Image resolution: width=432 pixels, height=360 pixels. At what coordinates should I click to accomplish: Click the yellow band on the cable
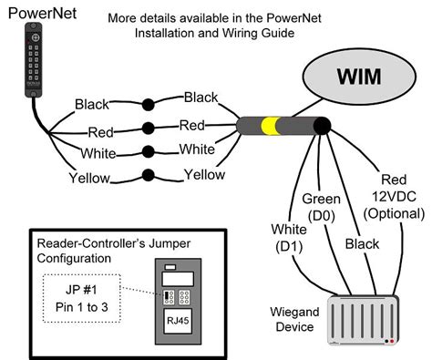tap(268, 126)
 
